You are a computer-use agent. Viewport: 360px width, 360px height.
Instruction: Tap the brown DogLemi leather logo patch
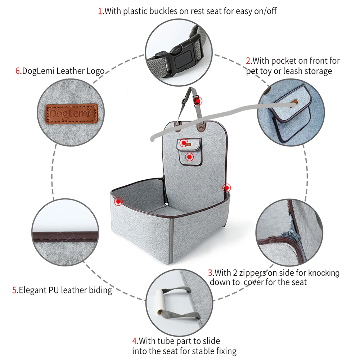[x=71, y=114]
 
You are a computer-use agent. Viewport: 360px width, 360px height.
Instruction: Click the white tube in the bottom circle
[x=162, y=302]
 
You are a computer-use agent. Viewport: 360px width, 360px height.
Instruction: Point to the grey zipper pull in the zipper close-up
[x=294, y=236]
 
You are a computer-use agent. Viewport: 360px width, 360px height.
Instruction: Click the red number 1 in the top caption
[x=100, y=11]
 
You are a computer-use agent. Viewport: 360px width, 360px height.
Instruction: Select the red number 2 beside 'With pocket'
[x=248, y=61]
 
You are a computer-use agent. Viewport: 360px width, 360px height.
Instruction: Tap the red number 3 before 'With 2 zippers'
[x=210, y=273]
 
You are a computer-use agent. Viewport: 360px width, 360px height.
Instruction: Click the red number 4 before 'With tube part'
[x=135, y=341]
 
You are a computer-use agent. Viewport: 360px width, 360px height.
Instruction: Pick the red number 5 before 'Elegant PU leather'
[x=14, y=290]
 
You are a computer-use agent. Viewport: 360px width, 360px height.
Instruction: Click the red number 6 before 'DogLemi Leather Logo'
[x=18, y=71]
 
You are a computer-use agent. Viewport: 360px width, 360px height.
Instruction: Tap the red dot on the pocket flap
[x=184, y=143]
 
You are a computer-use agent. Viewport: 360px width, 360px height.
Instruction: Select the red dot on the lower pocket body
[x=189, y=157]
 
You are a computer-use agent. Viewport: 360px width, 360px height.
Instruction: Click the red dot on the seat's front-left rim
[x=118, y=202]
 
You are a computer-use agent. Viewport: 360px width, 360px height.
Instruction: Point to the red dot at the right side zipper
[x=226, y=188]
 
